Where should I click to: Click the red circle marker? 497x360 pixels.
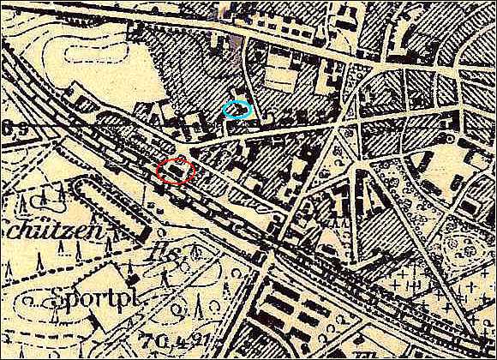point(176,171)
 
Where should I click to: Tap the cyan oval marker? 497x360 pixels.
point(237,110)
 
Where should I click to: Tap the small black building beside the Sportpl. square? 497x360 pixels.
point(132,279)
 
